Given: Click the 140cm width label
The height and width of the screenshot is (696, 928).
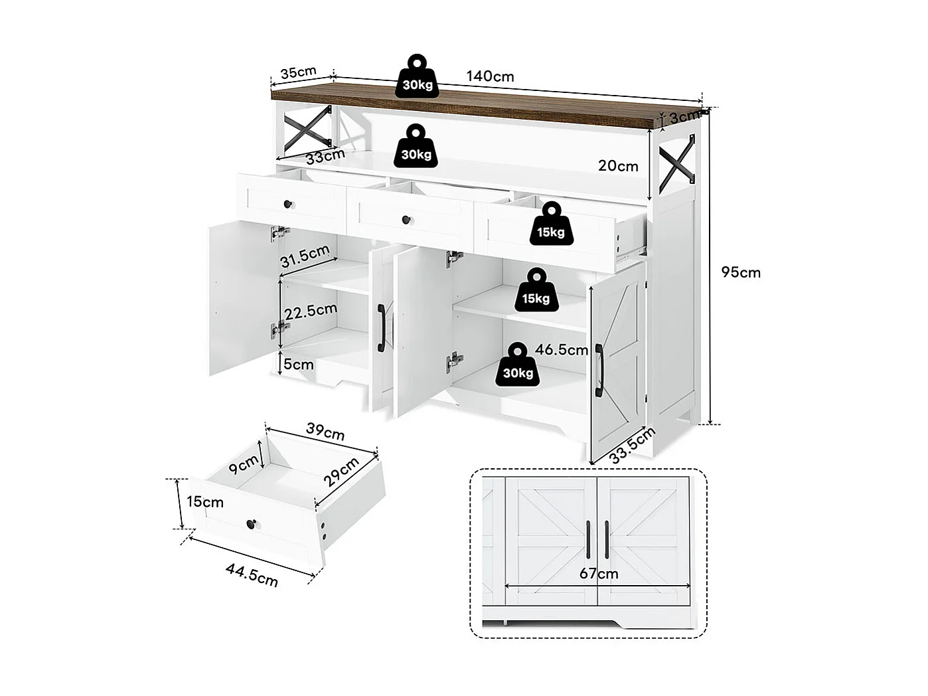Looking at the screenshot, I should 490,76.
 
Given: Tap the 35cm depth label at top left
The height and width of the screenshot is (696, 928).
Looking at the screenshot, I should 298,72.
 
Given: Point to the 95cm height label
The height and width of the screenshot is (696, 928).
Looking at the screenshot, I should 741,272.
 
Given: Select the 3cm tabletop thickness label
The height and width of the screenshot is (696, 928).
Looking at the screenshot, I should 683,118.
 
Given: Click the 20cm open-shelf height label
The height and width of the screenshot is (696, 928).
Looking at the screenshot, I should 618,166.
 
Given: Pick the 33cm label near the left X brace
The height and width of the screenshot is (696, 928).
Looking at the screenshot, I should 325,157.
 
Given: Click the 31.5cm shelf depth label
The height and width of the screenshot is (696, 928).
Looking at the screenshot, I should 305,256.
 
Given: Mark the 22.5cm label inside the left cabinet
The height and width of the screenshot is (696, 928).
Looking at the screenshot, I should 311,311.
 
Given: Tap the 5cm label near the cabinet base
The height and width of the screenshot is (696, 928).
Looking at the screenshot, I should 298,364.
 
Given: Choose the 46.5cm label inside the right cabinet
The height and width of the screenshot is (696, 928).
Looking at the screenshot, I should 562,349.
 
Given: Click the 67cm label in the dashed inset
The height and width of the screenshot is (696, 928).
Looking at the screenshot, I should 598,573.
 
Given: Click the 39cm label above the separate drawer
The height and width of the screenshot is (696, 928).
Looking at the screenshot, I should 325,432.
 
